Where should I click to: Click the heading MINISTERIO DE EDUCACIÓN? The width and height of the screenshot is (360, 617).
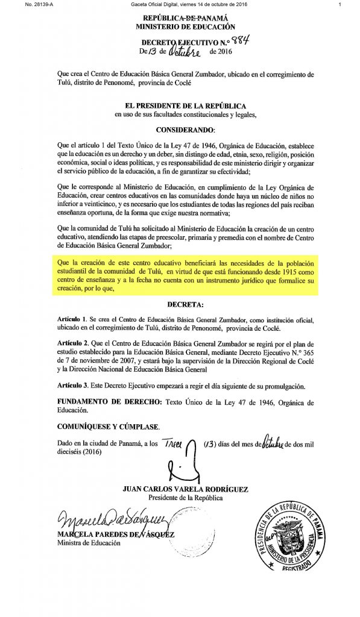185,27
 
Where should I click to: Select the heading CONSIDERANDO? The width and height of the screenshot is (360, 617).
185,130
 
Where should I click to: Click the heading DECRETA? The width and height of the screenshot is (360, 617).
185,305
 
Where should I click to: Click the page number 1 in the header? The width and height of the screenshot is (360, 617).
341,5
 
